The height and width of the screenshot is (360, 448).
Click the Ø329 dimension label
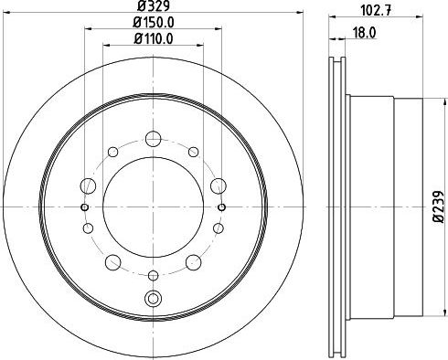pos(154,5)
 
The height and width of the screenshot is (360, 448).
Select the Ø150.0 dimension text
pos(154,22)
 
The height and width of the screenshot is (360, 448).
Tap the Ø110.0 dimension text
pos(154,38)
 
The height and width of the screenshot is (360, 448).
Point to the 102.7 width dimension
pos(376,10)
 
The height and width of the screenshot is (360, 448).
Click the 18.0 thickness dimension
pos(365,33)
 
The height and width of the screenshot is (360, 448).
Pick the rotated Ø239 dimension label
pos(439,207)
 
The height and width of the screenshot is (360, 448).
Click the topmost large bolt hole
pos(153,139)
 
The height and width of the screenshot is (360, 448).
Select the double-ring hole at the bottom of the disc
pos(153,298)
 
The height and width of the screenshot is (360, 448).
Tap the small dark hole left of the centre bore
pos(85,207)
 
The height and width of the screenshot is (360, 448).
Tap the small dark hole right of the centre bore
pos(221,207)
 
